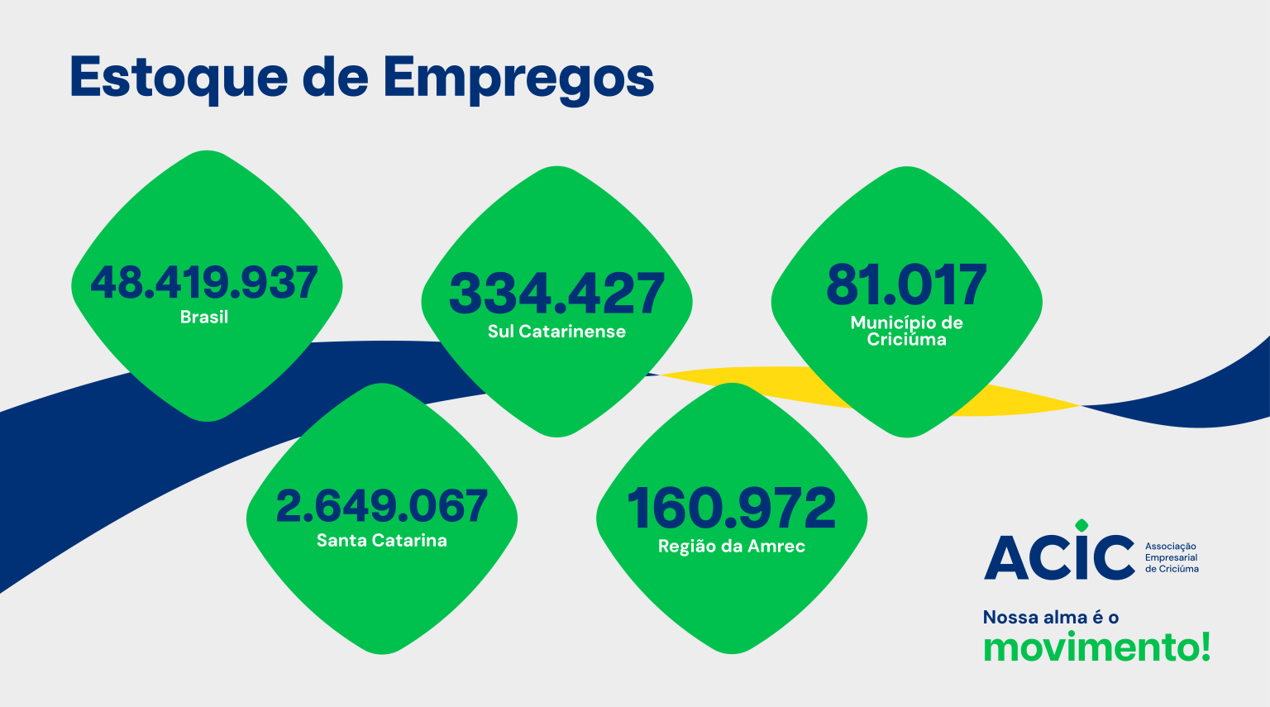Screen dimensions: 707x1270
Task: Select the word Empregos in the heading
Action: tap(518, 79)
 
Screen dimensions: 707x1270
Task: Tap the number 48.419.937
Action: tap(204, 283)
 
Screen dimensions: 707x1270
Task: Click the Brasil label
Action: tap(204, 317)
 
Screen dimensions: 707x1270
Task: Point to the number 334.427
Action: tap(556, 294)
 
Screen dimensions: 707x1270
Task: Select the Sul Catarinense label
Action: tap(556, 332)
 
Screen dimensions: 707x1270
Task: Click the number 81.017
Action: tap(907, 285)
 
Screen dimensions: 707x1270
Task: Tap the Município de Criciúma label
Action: tap(907, 331)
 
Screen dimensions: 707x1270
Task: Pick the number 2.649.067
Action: tap(381, 506)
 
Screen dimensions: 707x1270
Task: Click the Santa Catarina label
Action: tap(381, 541)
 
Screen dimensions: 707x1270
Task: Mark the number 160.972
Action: tap(732, 509)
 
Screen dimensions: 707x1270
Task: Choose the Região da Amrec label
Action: tap(732, 547)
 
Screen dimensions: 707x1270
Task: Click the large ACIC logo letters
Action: tap(1059, 557)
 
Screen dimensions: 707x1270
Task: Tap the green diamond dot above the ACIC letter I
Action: tap(1081, 525)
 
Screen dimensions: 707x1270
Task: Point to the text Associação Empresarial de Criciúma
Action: tap(1172, 558)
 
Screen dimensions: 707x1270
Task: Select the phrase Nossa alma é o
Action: tap(1051, 617)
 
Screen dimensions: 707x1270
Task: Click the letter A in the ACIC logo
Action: tap(1005, 558)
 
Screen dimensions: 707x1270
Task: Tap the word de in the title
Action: tap(335, 77)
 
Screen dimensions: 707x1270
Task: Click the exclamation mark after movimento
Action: tap(1206, 646)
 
